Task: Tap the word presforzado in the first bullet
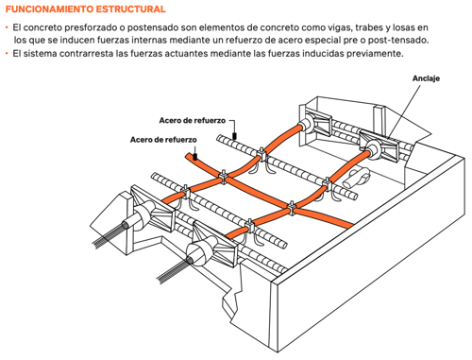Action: tap(89, 28)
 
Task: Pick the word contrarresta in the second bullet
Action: tap(86, 54)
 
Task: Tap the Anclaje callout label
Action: tap(426, 78)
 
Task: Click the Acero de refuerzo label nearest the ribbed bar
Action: tap(193, 120)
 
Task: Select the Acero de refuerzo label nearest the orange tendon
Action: tap(163, 140)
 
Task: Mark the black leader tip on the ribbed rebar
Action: tap(234, 136)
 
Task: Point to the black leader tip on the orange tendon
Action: tap(195, 156)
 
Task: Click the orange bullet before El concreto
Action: tap(7, 28)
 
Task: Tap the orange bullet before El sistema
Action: tap(7, 54)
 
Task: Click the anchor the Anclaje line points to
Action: tap(380, 146)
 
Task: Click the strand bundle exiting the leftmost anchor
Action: tap(109, 235)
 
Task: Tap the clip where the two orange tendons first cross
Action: tap(223, 177)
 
